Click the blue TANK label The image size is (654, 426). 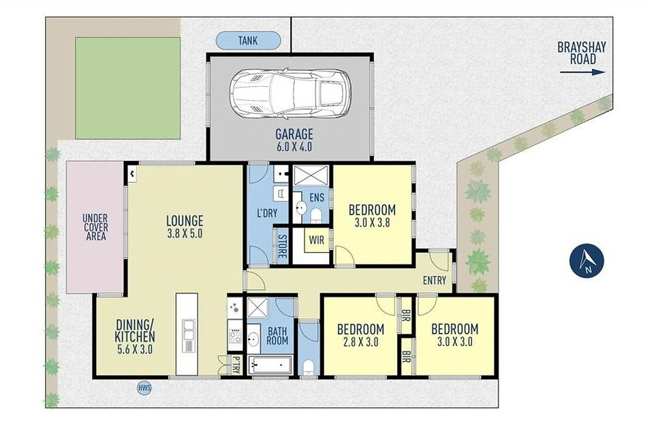[x=248, y=40]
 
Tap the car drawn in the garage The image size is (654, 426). [x=290, y=93]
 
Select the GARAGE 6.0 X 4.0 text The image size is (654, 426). [x=294, y=140]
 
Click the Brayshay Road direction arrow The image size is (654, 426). [x=582, y=72]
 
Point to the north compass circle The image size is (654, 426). [x=587, y=261]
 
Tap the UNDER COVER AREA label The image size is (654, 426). [x=96, y=227]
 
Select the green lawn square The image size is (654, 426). [x=128, y=88]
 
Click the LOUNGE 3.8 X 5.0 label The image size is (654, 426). [x=185, y=227]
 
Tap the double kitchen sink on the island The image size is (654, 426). [x=188, y=330]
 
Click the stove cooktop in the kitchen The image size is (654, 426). [x=235, y=336]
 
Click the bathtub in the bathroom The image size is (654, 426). [x=270, y=365]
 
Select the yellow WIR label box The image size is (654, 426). [x=317, y=240]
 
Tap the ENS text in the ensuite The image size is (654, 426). [x=317, y=198]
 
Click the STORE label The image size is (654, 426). [x=282, y=246]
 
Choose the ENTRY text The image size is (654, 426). [x=435, y=281]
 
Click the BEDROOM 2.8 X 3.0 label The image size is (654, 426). [x=361, y=335]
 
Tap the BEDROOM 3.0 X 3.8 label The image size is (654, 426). [x=372, y=215]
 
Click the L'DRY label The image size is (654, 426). [x=267, y=213]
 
